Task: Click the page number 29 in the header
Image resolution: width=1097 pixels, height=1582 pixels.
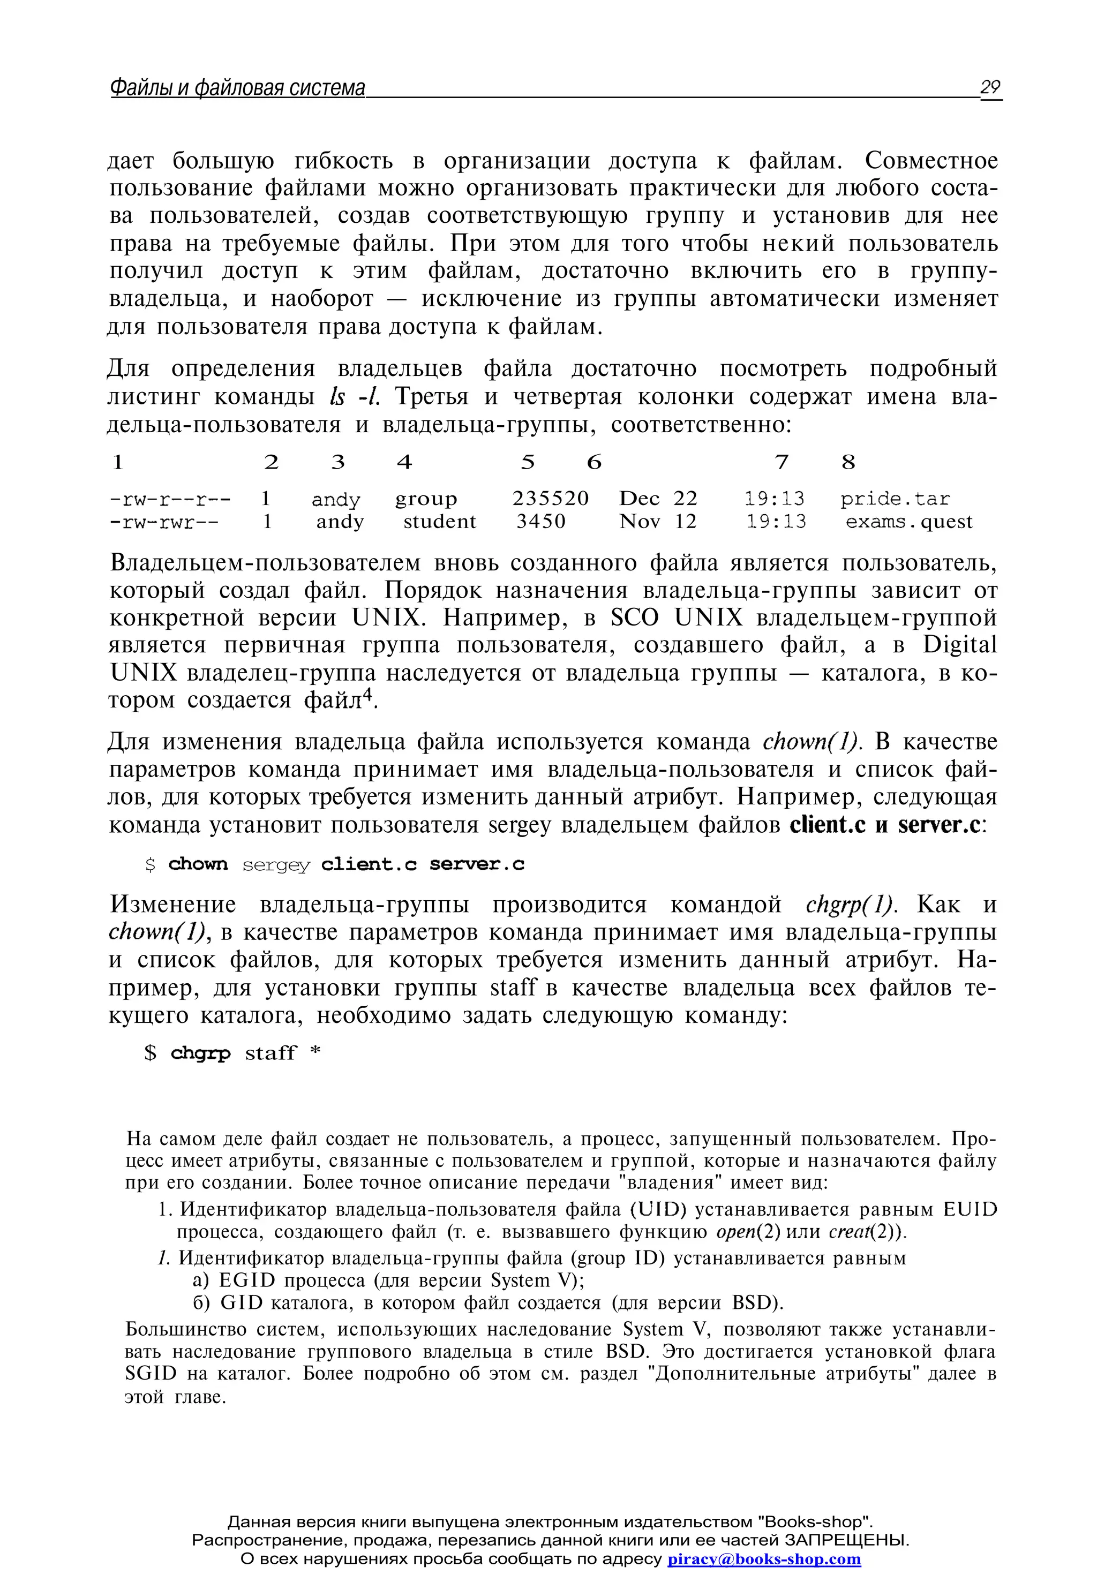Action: coord(990,87)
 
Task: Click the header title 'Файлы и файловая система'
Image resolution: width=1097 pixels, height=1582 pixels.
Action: coord(237,88)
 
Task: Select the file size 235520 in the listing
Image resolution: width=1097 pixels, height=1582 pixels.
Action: coord(550,498)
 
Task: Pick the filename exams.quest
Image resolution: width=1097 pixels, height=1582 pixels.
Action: coord(908,522)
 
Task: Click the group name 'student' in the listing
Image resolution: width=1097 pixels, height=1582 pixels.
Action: coord(439,522)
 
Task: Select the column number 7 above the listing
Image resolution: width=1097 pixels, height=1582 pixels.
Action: coord(782,462)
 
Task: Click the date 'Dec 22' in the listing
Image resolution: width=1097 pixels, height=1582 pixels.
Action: coord(658,498)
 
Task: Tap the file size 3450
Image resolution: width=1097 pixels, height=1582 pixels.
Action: coord(541,522)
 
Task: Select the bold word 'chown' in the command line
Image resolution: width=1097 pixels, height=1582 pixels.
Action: coord(198,864)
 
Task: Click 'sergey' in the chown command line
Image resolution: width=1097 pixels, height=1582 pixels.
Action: coord(276,865)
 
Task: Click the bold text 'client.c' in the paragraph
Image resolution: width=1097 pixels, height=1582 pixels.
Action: coord(828,824)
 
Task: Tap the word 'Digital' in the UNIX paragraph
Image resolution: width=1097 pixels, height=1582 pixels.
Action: coord(959,645)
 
